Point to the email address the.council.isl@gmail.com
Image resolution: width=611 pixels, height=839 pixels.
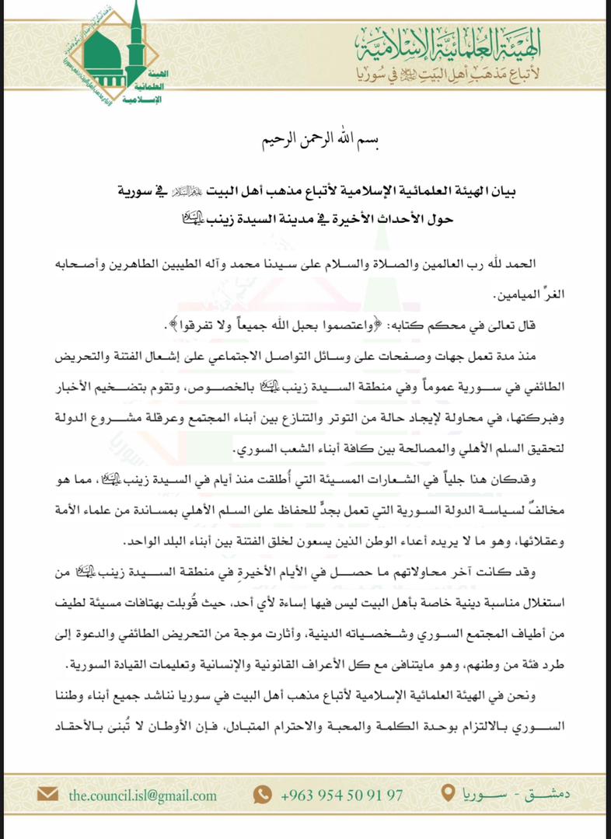(x=142, y=795)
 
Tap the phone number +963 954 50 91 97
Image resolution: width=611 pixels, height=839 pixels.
(x=342, y=795)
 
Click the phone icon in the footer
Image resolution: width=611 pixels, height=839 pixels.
(x=262, y=795)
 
